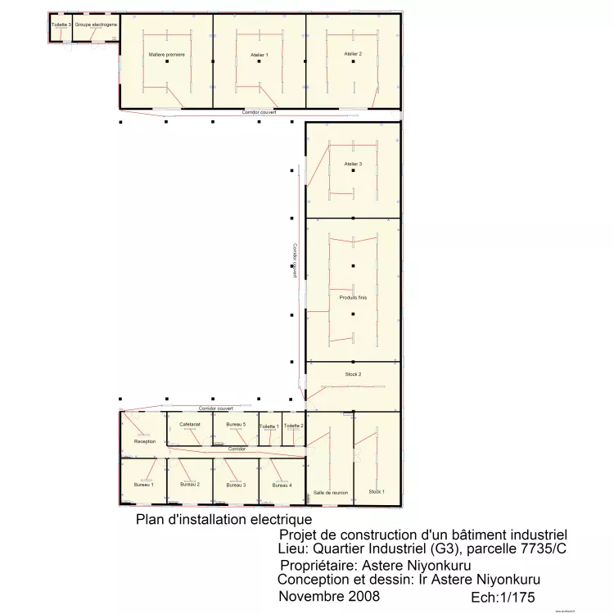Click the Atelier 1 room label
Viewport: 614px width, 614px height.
point(260,54)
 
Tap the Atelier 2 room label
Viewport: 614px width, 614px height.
point(353,53)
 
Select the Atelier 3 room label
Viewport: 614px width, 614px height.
point(353,164)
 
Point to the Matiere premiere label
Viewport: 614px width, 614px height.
point(167,54)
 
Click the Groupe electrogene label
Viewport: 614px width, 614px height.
point(96,25)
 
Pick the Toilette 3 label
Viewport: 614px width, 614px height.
point(61,25)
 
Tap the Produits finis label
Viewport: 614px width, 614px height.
point(353,297)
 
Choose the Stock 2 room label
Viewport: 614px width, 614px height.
point(352,374)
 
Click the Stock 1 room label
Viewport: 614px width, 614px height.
point(376,491)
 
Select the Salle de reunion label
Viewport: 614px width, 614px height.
point(330,493)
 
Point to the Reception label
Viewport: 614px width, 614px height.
point(144,441)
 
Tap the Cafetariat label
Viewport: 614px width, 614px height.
point(190,424)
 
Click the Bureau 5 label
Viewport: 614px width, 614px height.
point(236,424)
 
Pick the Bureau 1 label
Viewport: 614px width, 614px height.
point(144,485)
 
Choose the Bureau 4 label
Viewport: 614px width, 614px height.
point(282,485)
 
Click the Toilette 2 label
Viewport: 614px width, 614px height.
point(293,426)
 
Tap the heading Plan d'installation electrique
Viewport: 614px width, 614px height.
point(223,519)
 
